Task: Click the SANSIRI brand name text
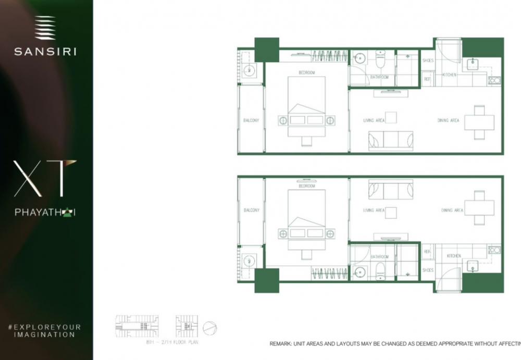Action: tap(45, 52)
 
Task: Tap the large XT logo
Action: tap(45, 179)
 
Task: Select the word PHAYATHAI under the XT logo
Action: tap(45, 213)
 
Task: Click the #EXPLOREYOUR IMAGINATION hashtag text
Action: tap(45, 330)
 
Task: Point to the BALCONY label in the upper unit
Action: tap(251, 120)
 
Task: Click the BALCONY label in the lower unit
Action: tap(251, 210)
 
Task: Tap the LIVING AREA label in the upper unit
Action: tap(374, 120)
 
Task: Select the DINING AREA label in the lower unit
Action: tap(452, 210)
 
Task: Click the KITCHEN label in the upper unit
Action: tap(449, 75)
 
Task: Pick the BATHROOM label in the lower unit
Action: tap(379, 257)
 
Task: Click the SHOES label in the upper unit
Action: tap(428, 60)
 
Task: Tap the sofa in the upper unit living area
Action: tap(390, 141)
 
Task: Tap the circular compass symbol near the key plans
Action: tap(210, 328)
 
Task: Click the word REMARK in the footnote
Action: tap(282, 344)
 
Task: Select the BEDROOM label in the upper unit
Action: tap(306, 73)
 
